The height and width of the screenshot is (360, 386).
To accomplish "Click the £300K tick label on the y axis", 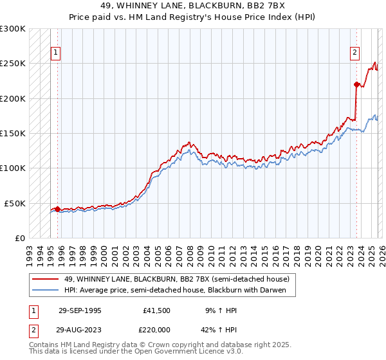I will tap(13, 29).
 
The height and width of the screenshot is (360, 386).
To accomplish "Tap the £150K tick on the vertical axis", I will tap(13, 134).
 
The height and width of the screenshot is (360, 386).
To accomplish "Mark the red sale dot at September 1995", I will tap(58, 209).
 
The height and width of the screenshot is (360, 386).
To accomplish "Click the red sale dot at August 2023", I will tap(356, 84).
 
